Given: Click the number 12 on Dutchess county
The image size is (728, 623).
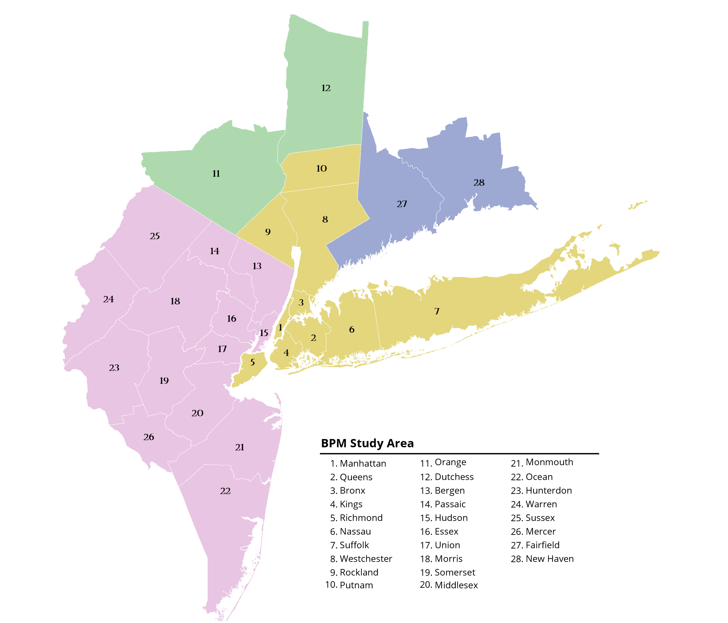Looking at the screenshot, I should [x=326, y=88].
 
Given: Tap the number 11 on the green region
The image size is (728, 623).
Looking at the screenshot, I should [x=216, y=173].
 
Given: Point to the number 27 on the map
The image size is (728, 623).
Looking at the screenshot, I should [x=402, y=204].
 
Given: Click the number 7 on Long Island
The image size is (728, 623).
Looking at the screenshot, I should [x=437, y=311].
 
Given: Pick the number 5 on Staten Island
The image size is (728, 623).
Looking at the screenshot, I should [x=252, y=362].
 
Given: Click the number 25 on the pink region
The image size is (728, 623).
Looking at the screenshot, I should [x=155, y=236].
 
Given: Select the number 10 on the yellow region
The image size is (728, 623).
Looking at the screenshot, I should [x=321, y=168].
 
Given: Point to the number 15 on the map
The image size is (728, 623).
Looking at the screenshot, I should [x=264, y=333].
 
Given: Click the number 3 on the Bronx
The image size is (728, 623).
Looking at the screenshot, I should [x=301, y=302].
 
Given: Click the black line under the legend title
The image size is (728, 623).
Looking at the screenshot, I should [x=459, y=454].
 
